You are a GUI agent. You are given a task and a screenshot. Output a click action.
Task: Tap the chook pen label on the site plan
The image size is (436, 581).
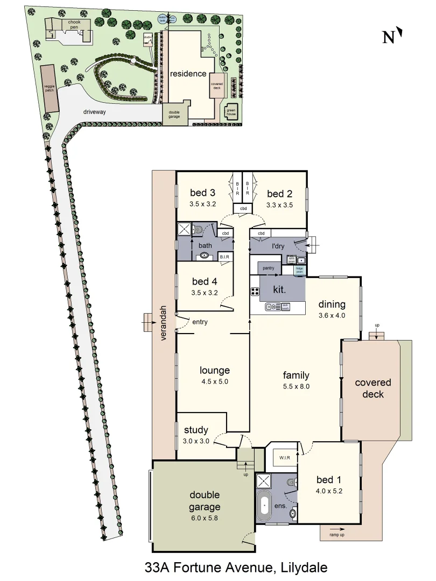pos(74,25)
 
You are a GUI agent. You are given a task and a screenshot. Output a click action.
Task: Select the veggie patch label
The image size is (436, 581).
pos(49,89)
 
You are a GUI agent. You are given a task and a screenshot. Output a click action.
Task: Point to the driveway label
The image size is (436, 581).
pos(94,112)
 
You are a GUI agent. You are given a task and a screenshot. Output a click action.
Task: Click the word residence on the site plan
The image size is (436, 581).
pos(188,74)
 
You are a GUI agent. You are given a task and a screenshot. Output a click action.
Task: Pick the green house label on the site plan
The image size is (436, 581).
pos(231,111)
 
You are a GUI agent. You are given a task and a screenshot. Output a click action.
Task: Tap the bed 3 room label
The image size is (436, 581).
pos(203,193)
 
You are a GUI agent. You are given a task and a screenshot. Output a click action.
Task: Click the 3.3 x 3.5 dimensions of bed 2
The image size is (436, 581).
pos(279,204)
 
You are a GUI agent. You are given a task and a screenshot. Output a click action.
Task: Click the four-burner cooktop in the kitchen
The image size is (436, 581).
pos(255,292)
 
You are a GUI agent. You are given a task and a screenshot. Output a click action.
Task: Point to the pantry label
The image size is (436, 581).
pos(269,267)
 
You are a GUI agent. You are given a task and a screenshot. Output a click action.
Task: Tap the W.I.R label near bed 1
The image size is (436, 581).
pos(285,458)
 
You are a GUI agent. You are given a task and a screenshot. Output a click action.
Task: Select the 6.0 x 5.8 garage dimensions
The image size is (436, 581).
pos(205,518)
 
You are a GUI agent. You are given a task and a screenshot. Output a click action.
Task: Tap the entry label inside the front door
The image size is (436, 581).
pos(200,322)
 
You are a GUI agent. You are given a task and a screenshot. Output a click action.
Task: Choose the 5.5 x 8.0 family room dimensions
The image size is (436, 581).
pos(297,386)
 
